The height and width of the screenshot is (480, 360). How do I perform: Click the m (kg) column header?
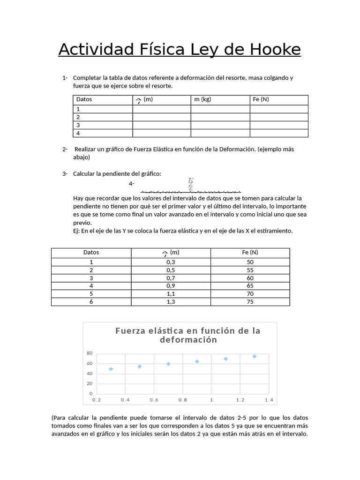[x=202, y=99]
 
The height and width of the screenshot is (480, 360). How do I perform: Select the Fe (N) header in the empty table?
[x=261, y=99]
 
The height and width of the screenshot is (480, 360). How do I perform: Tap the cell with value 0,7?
[x=171, y=278]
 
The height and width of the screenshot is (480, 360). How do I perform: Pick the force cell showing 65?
[x=250, y=286]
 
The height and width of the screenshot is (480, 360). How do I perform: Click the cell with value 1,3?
[x=171, y=302]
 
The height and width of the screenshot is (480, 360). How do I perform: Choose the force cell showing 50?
[x=250, y=262]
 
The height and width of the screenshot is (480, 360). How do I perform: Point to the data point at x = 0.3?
[x=111, y=369]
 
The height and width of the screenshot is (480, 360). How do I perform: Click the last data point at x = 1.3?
[x=255, y=356]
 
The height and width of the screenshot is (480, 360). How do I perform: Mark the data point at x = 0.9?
[x=197, y=361]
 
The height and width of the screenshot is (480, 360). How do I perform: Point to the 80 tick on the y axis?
[x=90, y=353]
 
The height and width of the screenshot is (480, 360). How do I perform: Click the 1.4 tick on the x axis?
[x=269, y=400]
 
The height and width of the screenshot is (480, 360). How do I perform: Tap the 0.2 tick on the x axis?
[x=97, y=400]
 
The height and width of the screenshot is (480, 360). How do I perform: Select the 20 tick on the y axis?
[x=90, y=383]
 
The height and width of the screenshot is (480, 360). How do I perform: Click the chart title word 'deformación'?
[x=188, y=340]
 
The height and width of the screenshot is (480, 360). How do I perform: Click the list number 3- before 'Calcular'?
[x=65, y=174]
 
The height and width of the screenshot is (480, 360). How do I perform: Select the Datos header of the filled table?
[x=91, y=252]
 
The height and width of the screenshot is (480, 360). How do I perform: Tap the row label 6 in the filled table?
[x=91, y=302]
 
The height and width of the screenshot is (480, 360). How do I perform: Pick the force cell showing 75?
[x=250, y=302]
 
